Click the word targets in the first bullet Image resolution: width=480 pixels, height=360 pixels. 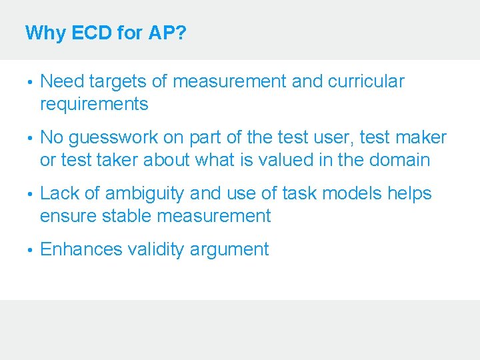117,81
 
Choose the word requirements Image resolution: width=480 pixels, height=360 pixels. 94,104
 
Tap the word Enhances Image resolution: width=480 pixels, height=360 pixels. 81,249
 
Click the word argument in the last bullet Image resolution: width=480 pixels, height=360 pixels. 229,251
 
